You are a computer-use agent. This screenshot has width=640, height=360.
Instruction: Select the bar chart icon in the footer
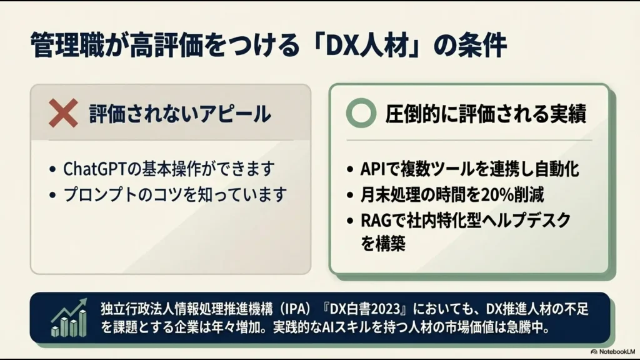coord(69,317)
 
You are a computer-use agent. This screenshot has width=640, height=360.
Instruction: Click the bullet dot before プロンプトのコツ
coord(52,195)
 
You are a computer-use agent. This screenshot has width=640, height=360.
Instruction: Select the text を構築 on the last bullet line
coord(383,244)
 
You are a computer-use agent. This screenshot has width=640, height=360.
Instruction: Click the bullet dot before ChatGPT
coord(52,170)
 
